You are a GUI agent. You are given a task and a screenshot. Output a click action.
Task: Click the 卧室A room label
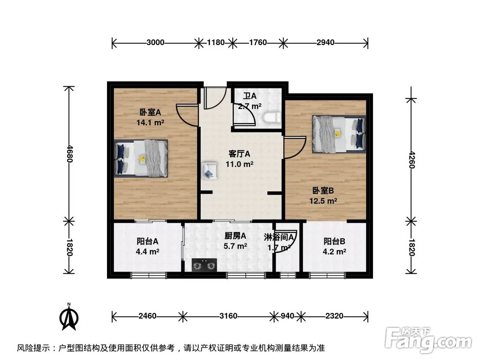(150, 113)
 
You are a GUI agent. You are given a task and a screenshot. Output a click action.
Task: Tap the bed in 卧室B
(338, 133)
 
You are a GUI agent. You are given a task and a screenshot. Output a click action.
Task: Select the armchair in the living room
(208, 170)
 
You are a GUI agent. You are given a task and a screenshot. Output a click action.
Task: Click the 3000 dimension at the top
(156, 43)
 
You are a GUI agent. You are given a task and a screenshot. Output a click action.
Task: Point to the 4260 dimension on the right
(411, 158)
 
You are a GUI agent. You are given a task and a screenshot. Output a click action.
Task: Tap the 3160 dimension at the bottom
(228, 316)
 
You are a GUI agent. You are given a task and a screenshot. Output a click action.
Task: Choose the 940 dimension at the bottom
(287, 316)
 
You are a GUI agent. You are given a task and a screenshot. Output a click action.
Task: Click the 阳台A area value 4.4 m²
(147, 251)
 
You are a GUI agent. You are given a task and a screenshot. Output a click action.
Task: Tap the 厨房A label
(235, 236)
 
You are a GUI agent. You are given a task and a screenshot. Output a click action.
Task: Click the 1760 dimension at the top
(257, 43)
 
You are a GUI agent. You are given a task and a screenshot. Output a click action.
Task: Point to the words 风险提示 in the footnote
(33, 348)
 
